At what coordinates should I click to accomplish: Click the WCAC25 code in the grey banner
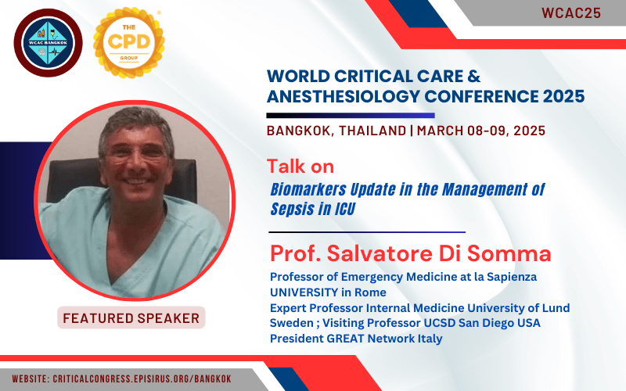(x=571, y=13)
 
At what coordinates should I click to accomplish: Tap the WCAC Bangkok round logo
(x=49, y=43)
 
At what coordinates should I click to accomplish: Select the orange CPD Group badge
(x=129, y=43)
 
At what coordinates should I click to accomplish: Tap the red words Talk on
(x=300, y=167)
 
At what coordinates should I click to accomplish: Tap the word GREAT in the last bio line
(x=345, y=339)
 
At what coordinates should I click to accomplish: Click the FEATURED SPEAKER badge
(x=131, y=318)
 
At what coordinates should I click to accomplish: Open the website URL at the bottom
(x=122, y=378)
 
